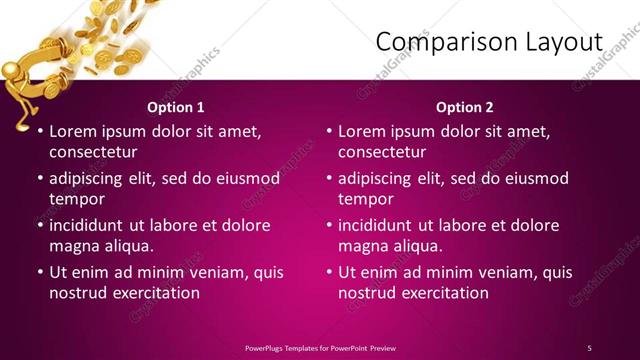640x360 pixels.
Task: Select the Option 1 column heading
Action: click(176, 107)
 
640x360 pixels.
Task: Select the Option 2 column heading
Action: click(465, 107)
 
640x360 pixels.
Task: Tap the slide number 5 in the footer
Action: click(589, 347)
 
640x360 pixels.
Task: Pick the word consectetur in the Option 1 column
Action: click(93, 152)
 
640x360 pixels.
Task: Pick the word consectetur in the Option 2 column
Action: click(382, 152)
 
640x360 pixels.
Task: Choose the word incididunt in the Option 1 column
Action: click(92, 225)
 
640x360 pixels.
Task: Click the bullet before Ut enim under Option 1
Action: click(40, 272)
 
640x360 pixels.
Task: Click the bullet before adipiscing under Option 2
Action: click(329, 178)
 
